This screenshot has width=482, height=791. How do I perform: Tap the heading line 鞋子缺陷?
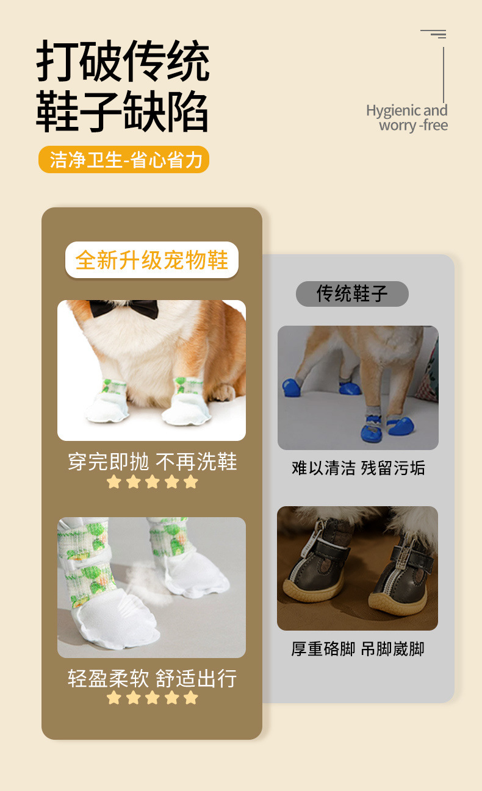(123, 111)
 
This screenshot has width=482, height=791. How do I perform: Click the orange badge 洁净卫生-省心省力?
(124, 160)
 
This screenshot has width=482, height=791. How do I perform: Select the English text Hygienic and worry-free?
(407, 118)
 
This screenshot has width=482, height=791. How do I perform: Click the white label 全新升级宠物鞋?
(151, 260)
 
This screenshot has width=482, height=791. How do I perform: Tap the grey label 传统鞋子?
(352, 293)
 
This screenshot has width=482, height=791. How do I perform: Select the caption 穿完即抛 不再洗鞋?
(152, 462)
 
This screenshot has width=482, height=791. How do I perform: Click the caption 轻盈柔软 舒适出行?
(152, 678)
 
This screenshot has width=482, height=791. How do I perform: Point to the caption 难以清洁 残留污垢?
(358, 468)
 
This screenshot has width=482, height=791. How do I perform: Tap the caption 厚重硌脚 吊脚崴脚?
(358, 648)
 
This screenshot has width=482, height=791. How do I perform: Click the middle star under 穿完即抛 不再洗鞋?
(152, 482)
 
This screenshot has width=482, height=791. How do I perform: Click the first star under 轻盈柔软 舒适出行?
(113, 698)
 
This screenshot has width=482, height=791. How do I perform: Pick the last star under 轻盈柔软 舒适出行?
(191, 698)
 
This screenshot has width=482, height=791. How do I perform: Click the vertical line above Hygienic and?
(444, 73)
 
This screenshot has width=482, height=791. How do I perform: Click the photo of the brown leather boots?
(358, 568)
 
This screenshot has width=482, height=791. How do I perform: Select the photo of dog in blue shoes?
(358, 388)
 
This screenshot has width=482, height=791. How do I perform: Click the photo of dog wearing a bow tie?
(151, 370)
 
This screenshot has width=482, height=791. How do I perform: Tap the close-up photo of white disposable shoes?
(151, 587)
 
